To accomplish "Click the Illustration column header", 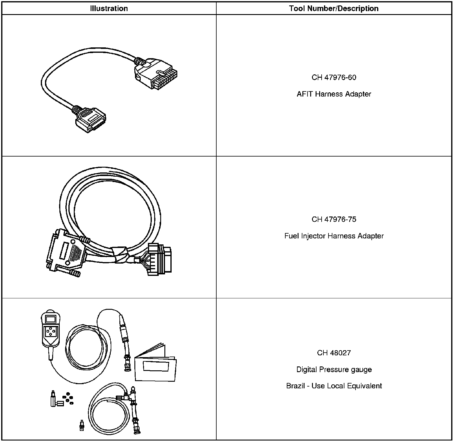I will [109, 8].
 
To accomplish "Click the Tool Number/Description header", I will [334, 8].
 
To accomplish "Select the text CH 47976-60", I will [334, 77].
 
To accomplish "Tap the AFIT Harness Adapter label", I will [334, 94].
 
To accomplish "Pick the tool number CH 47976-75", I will [334, 219].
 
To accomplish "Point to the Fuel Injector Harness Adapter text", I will [334, 236].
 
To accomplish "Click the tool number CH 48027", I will [334, 353].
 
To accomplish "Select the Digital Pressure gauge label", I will [334, 369].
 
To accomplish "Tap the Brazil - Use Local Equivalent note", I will [334, 386].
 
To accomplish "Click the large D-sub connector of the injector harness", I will [66, 250].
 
